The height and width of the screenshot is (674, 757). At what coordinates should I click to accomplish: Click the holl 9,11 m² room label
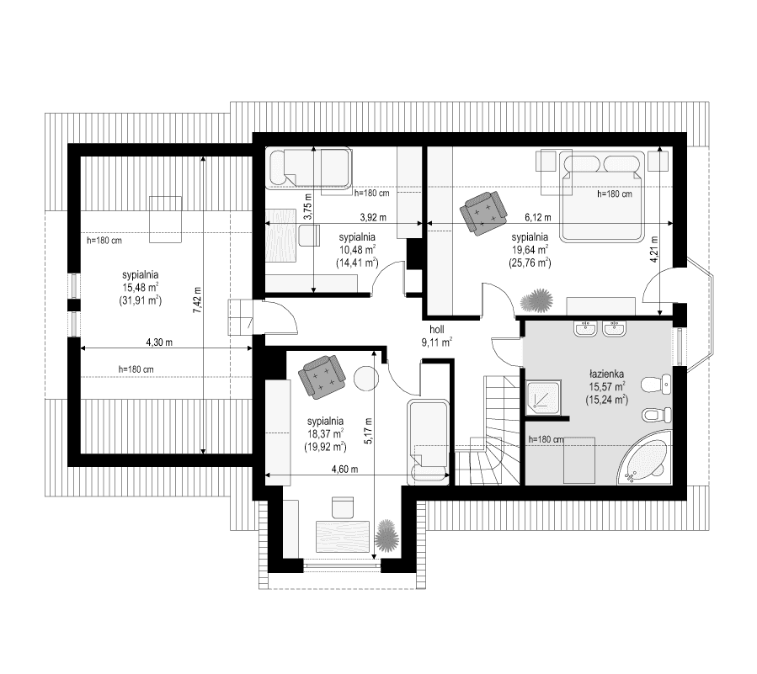[437, 336]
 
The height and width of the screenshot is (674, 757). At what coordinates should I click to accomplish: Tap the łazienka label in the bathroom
[605, 371]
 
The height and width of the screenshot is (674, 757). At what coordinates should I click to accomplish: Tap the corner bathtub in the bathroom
[645, 461]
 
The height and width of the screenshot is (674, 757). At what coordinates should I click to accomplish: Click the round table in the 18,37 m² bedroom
[366, 379]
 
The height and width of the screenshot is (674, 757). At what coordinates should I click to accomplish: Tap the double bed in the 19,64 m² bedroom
[603, 194]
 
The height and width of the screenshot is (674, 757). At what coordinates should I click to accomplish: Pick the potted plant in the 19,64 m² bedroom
[536, 300]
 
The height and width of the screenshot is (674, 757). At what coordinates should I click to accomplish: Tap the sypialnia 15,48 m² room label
[141, 286]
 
